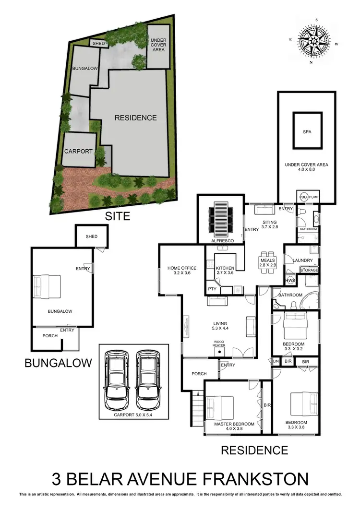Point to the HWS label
point(290,281)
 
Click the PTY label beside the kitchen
point(212,289)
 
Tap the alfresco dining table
point(221,217)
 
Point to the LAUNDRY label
point(303,260)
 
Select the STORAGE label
point(309,271)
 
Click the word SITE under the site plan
point(118,216)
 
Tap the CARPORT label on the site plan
point(78,151)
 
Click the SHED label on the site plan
point(99,44)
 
